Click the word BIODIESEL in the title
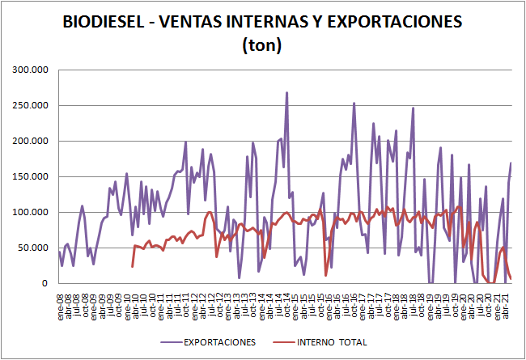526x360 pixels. click(103, 23)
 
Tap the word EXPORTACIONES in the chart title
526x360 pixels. click(390, 23)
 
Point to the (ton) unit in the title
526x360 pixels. click(262, 45)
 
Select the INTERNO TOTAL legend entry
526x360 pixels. click(332, 341)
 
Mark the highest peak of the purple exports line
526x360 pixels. click(286, 93)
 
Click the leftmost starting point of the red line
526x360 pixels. click(132, 266)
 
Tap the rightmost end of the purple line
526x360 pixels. click(511, 163)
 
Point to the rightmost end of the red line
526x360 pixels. click(511, 279)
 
